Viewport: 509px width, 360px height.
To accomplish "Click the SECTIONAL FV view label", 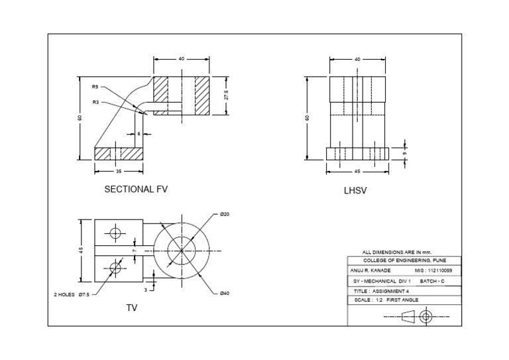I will point(136,189).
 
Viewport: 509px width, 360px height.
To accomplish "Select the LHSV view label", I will point(355,190).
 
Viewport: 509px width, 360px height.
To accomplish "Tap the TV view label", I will point(131,308).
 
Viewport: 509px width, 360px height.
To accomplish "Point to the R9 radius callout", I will point(95,86).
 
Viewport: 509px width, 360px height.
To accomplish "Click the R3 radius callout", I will point(95,102).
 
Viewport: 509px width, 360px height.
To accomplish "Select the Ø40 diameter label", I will point(224,293).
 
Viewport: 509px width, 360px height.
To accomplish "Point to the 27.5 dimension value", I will point(226,95).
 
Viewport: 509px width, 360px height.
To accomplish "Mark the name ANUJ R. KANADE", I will point(370,271).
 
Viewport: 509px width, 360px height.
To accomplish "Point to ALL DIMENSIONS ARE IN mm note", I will point(396,253).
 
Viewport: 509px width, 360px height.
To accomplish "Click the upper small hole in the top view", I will point(116,233).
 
